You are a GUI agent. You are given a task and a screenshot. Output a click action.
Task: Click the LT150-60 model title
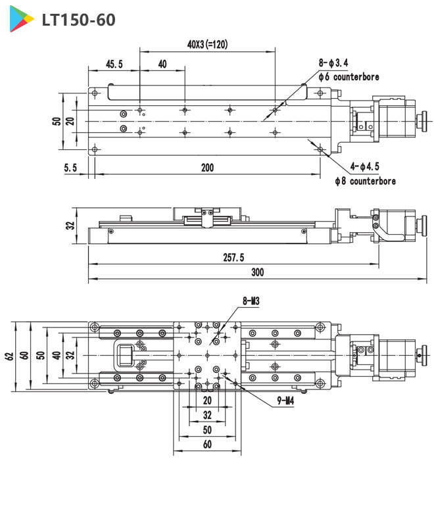click(x=78, y=20)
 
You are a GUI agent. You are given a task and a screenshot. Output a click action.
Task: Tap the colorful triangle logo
click(x=22, y=20)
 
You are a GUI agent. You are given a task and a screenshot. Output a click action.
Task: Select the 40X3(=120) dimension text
click(x=207, y=45)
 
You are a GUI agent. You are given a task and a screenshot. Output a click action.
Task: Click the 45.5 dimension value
click(x=114, y=64)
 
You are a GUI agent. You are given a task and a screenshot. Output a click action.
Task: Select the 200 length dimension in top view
click(x=207, y=168)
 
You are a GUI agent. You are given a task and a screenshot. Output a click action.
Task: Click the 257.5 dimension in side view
click(x=233, y=256)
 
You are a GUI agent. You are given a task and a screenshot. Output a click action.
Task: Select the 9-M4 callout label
click(x=285, y=399)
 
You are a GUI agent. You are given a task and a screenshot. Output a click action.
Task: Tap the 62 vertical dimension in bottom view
click(x=9, y=356)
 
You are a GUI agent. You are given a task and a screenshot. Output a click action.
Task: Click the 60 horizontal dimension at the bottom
click(x=207, y=445)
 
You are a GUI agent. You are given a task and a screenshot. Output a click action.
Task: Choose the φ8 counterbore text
click(x=356, y=181)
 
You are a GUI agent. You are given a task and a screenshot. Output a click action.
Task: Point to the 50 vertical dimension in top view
click(x=58, y=121)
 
